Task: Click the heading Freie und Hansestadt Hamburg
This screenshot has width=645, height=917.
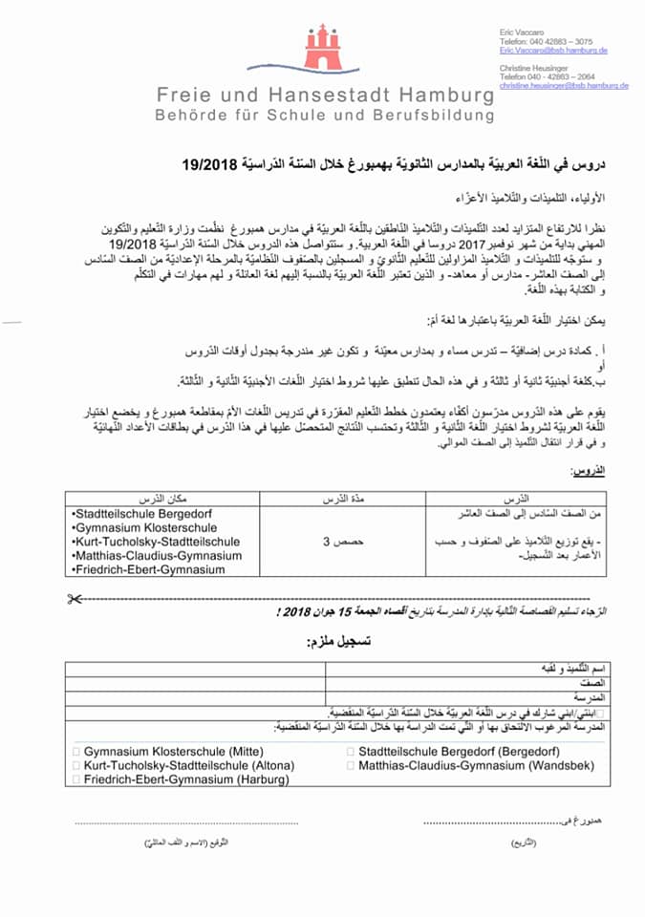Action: coord(326,96)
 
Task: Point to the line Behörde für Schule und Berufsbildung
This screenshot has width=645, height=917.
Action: coord(326,116)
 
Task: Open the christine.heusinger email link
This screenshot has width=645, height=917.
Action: coord(564,86)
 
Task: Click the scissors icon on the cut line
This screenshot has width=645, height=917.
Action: coord(75,599)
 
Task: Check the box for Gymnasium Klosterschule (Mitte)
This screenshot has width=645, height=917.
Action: coord(76,752)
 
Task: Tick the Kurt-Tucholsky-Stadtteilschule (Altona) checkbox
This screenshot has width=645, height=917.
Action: coord(76,765)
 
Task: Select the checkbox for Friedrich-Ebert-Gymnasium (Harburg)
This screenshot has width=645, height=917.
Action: coord(76,779)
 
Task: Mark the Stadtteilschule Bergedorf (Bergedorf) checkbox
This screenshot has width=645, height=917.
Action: coord(350,752)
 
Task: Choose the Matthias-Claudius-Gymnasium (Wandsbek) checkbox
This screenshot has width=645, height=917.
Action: coord(350,765)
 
